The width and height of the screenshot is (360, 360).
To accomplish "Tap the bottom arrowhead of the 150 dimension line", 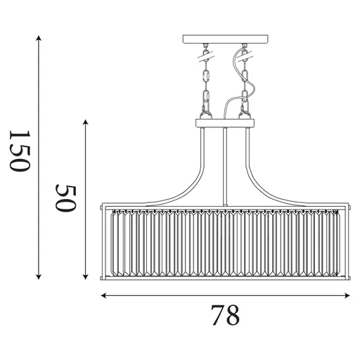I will (39, 277).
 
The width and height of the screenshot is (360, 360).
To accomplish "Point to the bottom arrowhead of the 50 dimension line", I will (85, 277).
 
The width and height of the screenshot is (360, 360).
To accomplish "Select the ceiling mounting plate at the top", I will (225, 39).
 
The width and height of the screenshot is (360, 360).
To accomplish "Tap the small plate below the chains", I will (225, 124).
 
